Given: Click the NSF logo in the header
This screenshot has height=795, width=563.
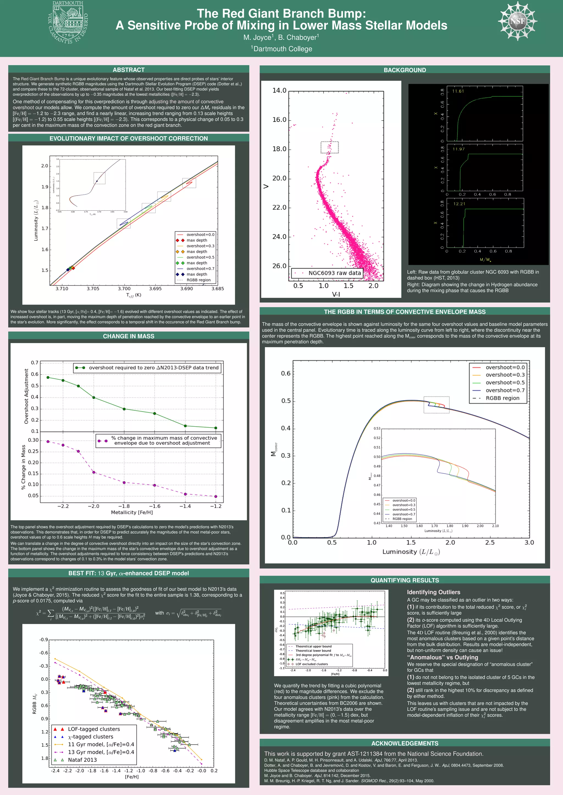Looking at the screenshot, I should point(517,21).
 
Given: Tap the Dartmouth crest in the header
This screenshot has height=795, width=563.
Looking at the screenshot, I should point(68,23).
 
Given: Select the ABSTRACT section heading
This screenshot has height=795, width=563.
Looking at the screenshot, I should point(129,69).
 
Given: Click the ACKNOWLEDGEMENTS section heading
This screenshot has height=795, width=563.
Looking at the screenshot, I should point(405,743).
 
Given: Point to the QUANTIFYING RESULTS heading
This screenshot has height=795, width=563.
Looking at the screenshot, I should point(405,580).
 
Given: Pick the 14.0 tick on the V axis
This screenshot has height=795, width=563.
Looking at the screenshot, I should point(279,91).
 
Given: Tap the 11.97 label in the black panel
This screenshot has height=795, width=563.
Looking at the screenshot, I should point(458,149).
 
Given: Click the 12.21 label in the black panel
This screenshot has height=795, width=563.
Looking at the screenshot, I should point(459,204).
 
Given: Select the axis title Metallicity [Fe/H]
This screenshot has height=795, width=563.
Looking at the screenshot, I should point(132,512).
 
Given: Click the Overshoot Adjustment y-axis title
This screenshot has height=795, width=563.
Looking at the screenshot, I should point(26,396).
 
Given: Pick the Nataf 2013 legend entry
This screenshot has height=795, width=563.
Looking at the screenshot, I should point(82,760).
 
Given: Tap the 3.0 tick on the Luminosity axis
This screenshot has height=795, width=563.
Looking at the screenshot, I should point(529,543).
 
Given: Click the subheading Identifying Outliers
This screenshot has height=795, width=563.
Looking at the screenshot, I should point(433,592).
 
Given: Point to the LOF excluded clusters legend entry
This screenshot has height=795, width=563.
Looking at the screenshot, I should point(311,664).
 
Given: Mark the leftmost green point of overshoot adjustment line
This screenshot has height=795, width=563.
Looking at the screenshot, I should point(48,377).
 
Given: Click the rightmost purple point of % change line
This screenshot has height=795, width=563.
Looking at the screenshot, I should point(216,496).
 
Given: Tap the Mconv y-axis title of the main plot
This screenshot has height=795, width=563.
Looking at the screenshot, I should point(274,449).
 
